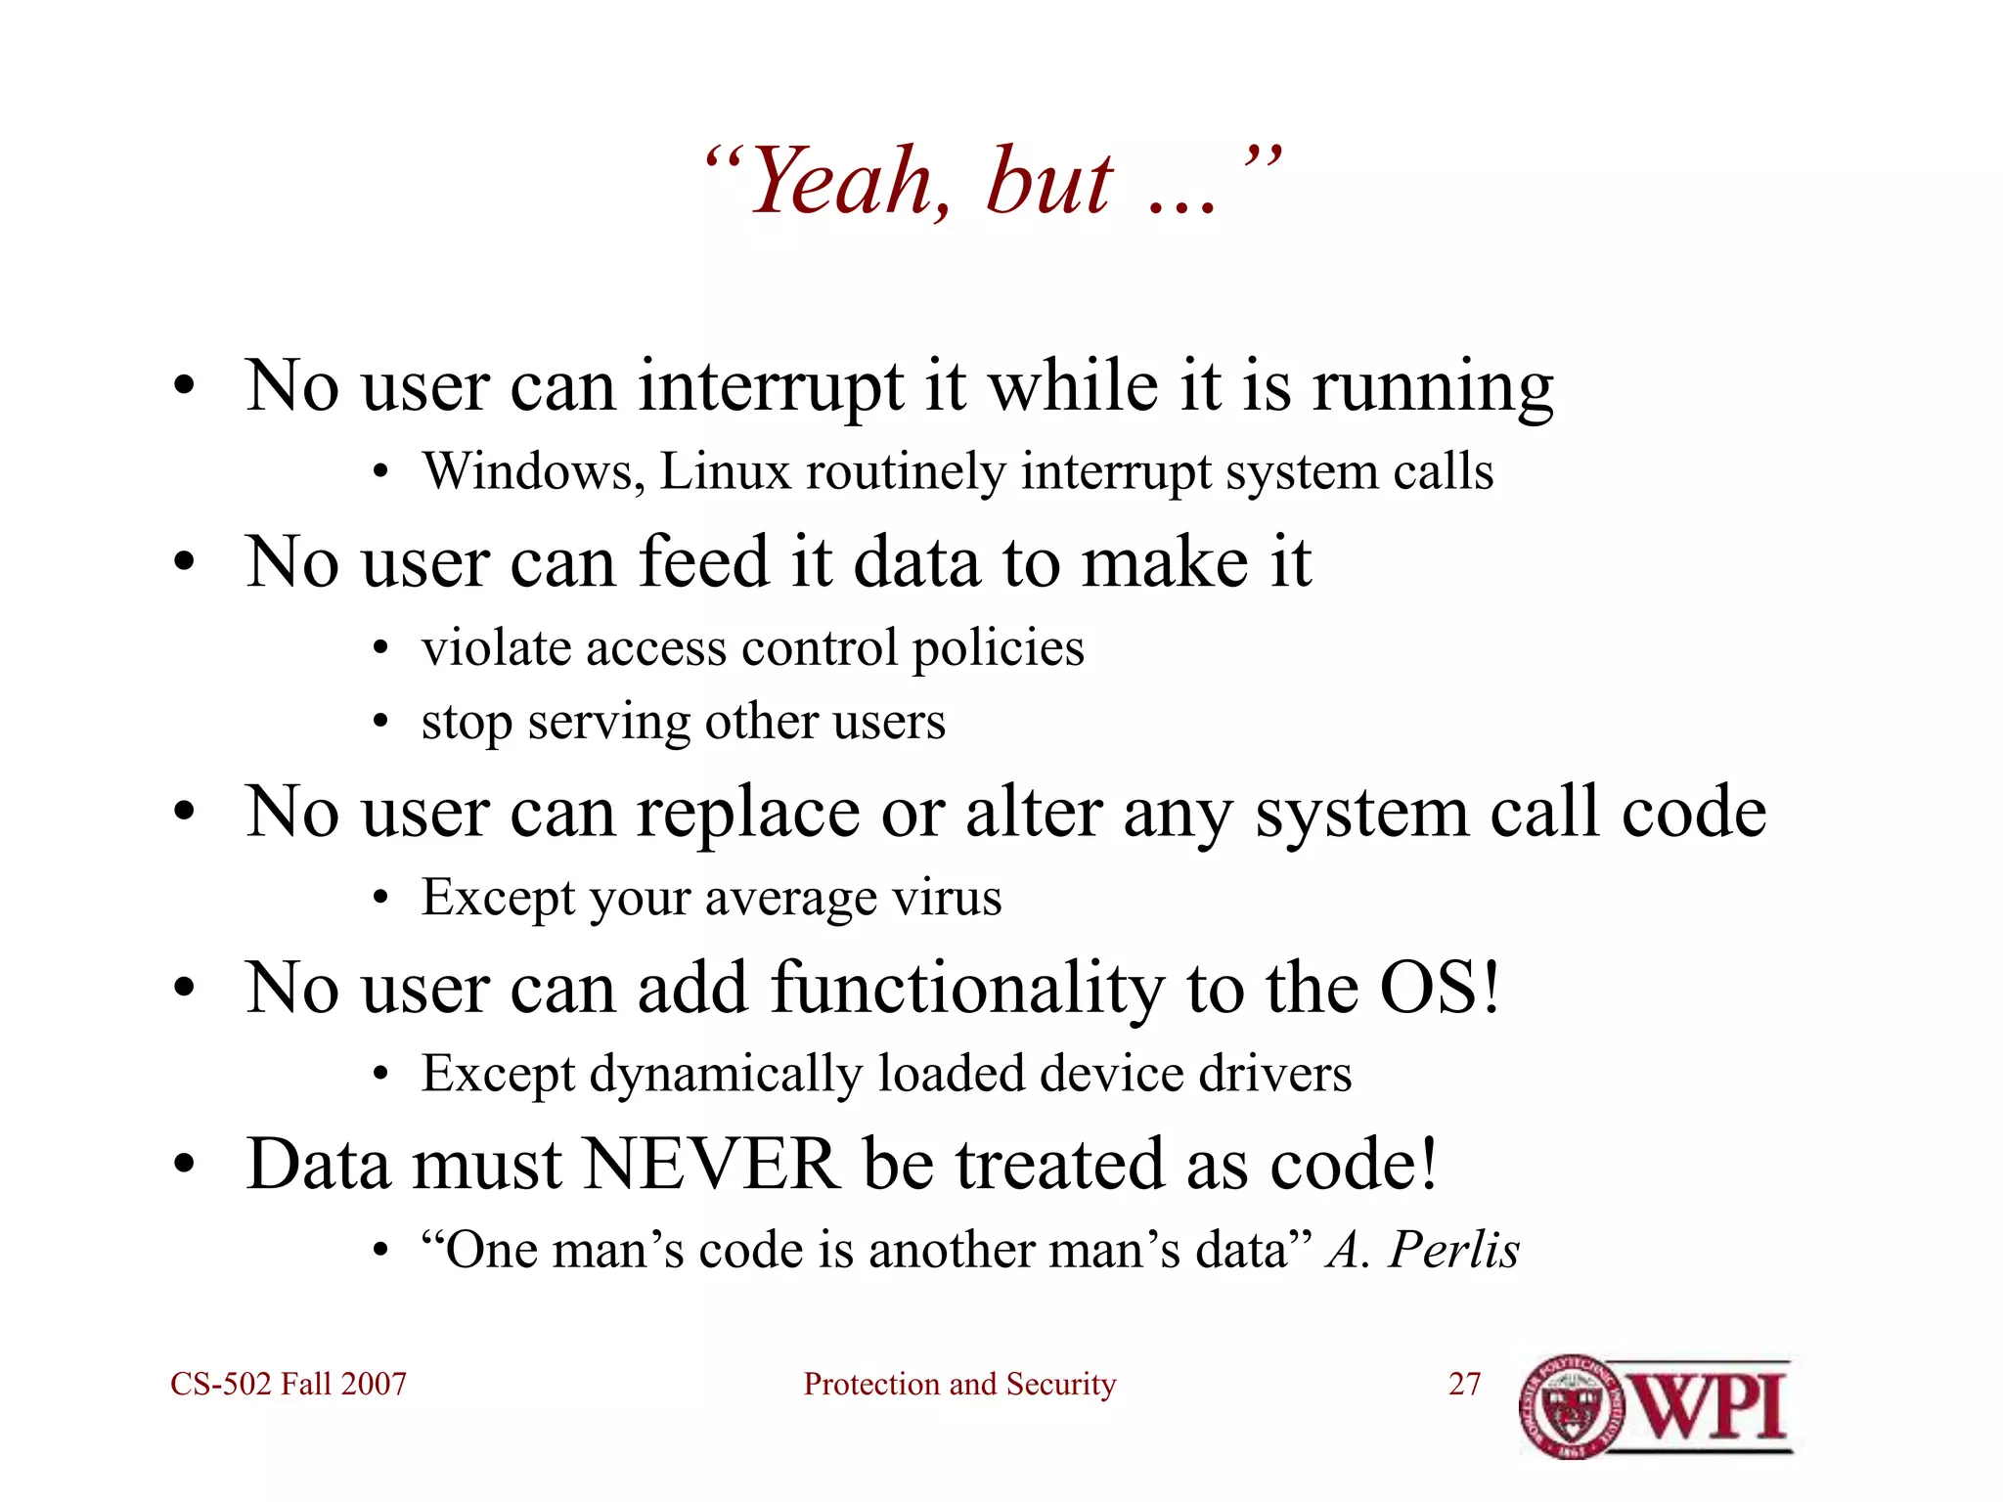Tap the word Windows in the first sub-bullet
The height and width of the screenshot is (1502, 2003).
tap(532, 471)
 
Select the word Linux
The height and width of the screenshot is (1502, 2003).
tap(725, 471)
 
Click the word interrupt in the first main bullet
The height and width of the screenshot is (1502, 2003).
tap(771, 386)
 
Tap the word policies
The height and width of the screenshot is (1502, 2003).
tap(998, 649)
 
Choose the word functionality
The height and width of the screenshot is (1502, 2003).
tap(967, 990)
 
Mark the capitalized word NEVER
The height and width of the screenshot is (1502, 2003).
tap(711, 1165)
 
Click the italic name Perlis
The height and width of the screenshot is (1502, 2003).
tap(1454, 1250)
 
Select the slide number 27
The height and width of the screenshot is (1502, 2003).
tap(1464, 1384)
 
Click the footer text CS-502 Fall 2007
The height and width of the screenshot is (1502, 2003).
tap(289, 1384)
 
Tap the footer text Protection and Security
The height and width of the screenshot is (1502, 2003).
tap(959, 1384)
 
